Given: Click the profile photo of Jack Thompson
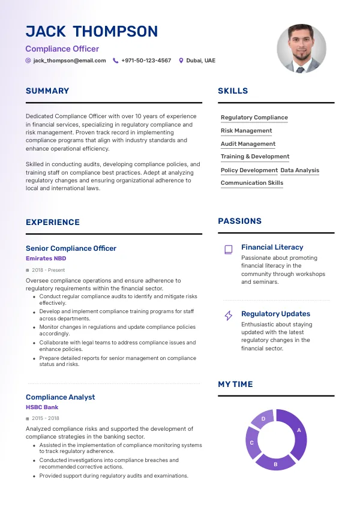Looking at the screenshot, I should (x=301, y=49).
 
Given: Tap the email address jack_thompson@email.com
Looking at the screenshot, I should (x=69, y=61).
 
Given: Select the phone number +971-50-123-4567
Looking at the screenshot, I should (x=146, y=61).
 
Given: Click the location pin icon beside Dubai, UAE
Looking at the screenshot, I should (x=181, y=61).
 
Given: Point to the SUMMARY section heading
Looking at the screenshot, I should (x=47, y=91).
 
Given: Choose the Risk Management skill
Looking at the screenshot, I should (x=246, y=131).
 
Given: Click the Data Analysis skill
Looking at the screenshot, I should (x=300, y=170).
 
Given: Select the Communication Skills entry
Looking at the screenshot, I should (x=252, y=183).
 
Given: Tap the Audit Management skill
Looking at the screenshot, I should (x=248, y=144).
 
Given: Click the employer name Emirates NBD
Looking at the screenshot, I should (x=46, y=259).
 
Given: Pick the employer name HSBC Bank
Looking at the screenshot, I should (x=42, y=407).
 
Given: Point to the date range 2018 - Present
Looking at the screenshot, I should (x=48, y=270).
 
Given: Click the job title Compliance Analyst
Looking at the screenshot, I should (x=60, y=397).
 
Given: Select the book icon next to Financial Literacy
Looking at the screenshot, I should (x=228, y=249).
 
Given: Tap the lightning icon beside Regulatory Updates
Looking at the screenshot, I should (x=228, y=315).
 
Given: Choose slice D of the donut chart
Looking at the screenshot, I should (x=263, y=419).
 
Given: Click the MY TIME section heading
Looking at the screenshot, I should (x=235, y=384).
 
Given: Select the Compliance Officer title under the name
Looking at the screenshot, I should (x=62, y=49).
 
